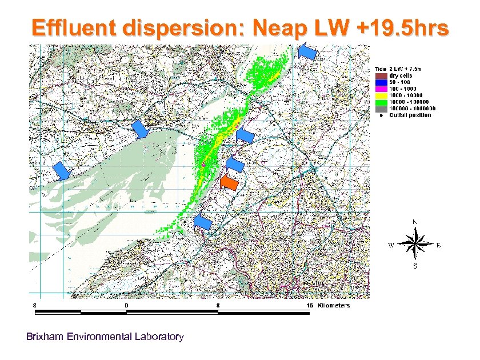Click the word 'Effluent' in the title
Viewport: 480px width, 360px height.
(x=77, y=28)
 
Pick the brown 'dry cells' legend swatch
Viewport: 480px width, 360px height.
(x=381, y=75)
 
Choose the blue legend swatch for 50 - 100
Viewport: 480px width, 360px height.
(x=381, y=82)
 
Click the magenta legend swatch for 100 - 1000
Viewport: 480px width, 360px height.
(x=381, y=89)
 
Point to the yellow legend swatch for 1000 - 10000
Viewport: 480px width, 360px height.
(x=381, y=95)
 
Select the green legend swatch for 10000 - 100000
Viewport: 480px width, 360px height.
(x=381, y=102)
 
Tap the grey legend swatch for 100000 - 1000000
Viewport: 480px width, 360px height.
(x=381, y=108)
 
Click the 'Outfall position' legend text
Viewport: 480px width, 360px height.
(x=410, y=115)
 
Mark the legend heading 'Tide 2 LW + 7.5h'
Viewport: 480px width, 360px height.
(x=400, y=69)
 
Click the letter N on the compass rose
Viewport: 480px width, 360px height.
(x=415, y=222)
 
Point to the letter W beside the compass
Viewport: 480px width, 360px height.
(x=391, y=246)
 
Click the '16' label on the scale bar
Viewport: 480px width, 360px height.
(x=310, y=306)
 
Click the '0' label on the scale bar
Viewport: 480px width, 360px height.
(x=126, y=306)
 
